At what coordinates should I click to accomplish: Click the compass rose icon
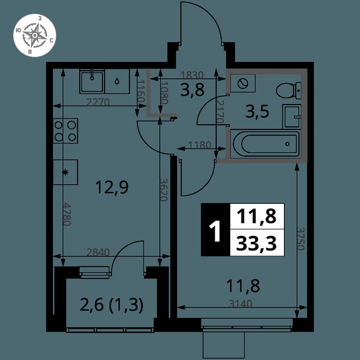34,35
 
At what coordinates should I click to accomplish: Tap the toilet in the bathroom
288,90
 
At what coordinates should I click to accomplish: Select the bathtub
265,144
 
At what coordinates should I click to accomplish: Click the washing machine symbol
243,83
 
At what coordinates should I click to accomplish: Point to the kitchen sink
92,81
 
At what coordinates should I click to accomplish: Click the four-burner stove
66,131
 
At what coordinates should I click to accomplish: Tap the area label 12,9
112,187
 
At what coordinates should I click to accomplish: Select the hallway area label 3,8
192,90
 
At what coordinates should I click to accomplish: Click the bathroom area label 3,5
257,112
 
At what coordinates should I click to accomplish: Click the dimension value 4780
67,214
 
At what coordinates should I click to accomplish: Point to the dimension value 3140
240,304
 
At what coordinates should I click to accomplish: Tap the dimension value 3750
300,239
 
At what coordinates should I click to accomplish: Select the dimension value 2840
98,252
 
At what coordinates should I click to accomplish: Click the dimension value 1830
192,75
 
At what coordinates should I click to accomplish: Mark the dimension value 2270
98,102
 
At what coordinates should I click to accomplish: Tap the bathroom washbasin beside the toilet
292,116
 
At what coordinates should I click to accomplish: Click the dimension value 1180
199,145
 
